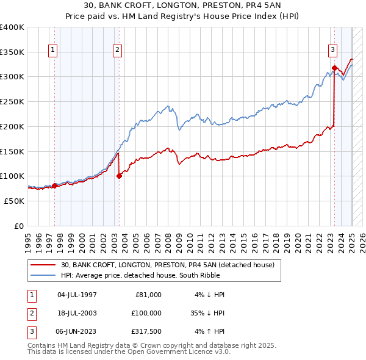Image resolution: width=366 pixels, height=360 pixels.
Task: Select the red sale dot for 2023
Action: (x=334, y=68)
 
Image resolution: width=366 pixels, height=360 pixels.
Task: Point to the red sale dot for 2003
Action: (x=119, y=176)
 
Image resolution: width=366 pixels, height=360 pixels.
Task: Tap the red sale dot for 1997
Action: (x=54, y=185)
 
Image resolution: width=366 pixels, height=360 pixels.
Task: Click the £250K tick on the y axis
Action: (x=12, y=101)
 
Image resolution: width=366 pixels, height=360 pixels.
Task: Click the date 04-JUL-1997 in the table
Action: (x=77, y=295)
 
